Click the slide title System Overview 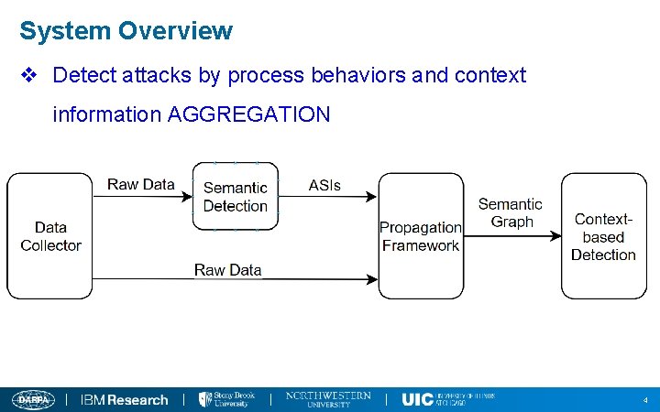(x=126, y=31)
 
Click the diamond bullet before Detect (x=29, y=75)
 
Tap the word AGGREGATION (x=248, y=114)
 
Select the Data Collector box (x=50, y=236)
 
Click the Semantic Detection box (x=235, y=197)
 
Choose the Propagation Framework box (x=421, y=236)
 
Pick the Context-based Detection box (x=603, y=236)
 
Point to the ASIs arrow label (x=324, y=185)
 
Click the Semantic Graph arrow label (x=511, y=212)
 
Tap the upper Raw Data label (x=140, y=184)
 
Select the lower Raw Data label (x=227, y=269)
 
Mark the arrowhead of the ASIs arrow (x=370, y=196)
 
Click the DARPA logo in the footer (x=34, y=399)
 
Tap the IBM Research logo (x=125, y=399)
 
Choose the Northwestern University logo (x=328, y=399)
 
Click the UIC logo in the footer (x=447, y=399)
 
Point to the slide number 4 (x=645, y=400)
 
